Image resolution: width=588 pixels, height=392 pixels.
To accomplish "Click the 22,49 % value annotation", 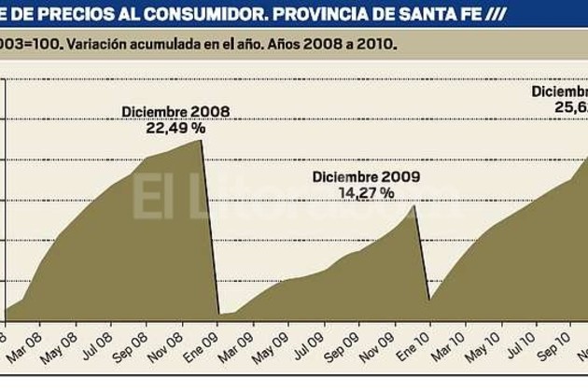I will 174,130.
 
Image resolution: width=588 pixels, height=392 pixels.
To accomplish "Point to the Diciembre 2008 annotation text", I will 175,114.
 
